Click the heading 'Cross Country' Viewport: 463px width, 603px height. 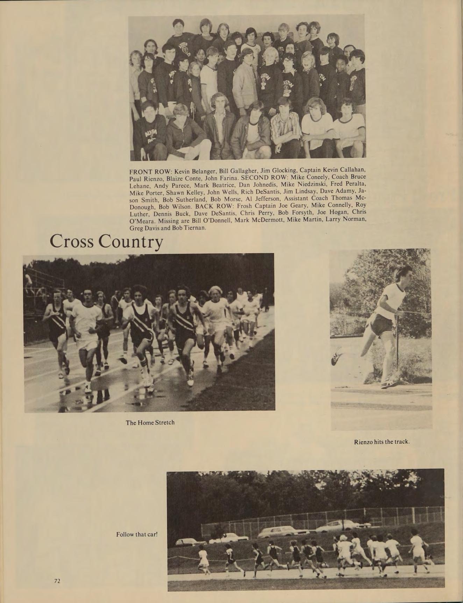pyautogui.click(x=106, y=242)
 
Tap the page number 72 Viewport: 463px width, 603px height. pyautogui.click(x=57, y=581)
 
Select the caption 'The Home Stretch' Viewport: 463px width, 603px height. pyautogui.click(x=150, y=423)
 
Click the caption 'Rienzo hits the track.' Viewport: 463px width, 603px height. pyautogui.click(x=382, y=442)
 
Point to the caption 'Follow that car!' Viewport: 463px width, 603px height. pyautogui.click(x=137, y=534)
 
